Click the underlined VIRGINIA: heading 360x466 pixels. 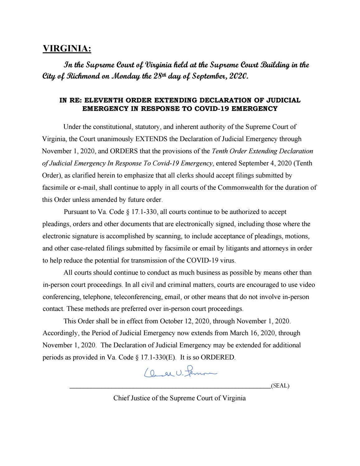[x=67, y=49]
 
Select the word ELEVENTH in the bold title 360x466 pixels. [x=102, y=100]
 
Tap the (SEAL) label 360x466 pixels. [x=280, y=386]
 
